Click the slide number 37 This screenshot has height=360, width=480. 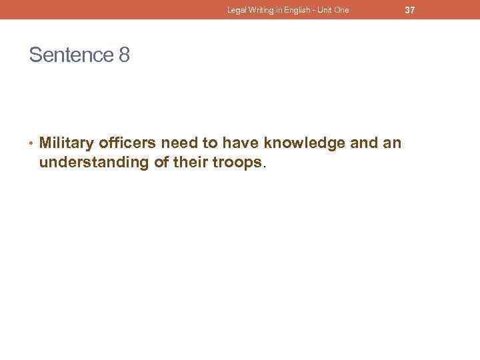(x=410, y=10)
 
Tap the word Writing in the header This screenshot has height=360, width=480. (x=259, y=10)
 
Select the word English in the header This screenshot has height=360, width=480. (x=291, y=10)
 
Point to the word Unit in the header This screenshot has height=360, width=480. (x=321, y=10)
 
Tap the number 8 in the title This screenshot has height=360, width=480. (x=124, y=55)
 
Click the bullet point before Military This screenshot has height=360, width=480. (x=32, y=143)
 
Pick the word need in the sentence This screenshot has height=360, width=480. (x=178, y=143)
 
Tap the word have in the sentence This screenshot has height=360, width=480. (x=241, y=143)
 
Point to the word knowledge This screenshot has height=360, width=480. (x=304, y=143)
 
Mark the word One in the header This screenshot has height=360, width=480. (x=341, y=10)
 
